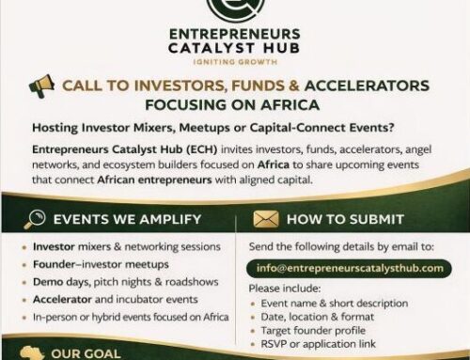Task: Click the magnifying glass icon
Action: coord(35,219)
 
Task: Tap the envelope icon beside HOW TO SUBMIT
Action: coord(267,219)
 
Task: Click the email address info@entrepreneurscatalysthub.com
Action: coord(349,267)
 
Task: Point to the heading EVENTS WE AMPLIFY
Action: coord(127,219)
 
